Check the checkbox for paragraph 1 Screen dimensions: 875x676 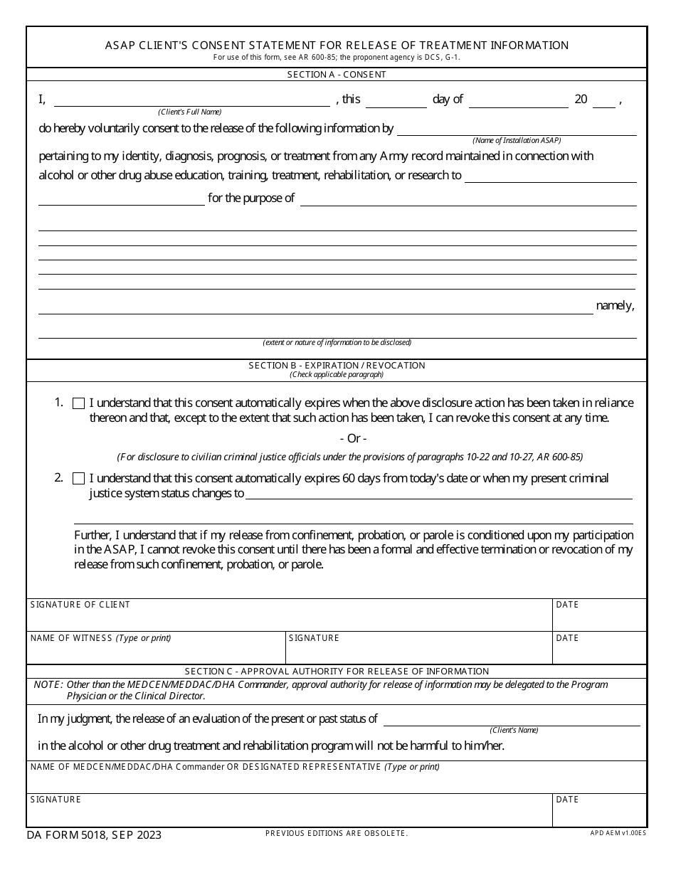tap(78, 403)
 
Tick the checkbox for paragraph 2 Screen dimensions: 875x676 tap(78, 479)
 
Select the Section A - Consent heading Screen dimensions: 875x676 tap(337, 75)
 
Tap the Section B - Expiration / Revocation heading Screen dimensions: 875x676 tap(337, 366)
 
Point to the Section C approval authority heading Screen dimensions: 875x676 tap(337, 672)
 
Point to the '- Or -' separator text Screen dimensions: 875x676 tap(354, 439)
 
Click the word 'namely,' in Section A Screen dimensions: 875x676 tap(615, 306)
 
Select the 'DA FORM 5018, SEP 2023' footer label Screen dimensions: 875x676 tap(94, 835)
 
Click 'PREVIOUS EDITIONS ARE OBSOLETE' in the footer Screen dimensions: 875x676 tap(337, 832)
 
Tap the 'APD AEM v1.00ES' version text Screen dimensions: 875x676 tap(618, 832)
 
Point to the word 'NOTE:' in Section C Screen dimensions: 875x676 tap(48, 685)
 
